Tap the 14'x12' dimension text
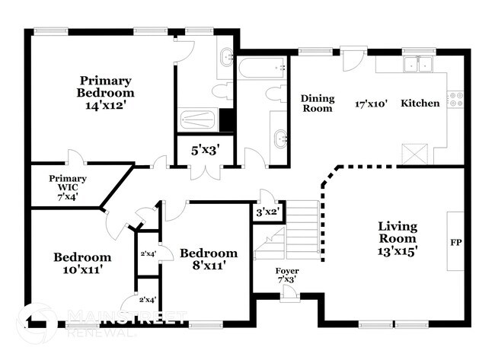106,105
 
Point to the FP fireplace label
457,244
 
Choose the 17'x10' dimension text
372,103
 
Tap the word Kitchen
420,103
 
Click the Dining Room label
317,103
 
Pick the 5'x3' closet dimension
204,151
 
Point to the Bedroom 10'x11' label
82,263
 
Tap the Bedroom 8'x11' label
208,259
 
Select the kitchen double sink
418,65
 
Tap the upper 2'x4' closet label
148,253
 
